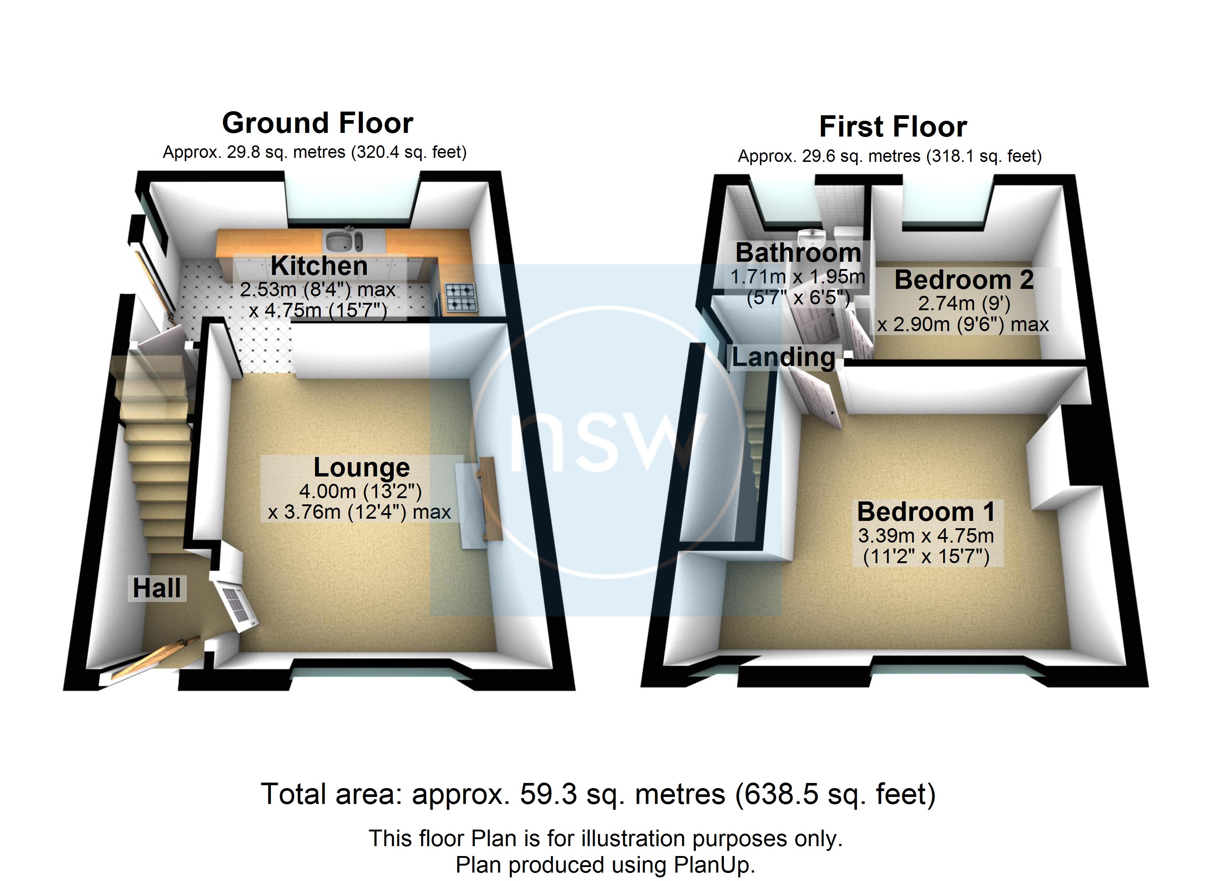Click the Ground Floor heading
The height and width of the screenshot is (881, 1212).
(x=317, y=123)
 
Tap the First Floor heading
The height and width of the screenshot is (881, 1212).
(x=893, y=127)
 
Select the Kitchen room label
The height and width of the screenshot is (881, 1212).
(x=319, y=266)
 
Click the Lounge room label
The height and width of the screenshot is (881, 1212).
(x=361, y=467)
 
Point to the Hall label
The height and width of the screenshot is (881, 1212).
(x=156, y=588)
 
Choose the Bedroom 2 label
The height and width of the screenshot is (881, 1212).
(x=964, y=280)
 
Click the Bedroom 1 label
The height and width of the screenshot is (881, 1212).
(x=926, y=512)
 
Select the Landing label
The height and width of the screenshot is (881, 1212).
(x=783, y=358)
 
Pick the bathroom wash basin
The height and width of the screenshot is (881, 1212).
(x=812, y=237)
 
